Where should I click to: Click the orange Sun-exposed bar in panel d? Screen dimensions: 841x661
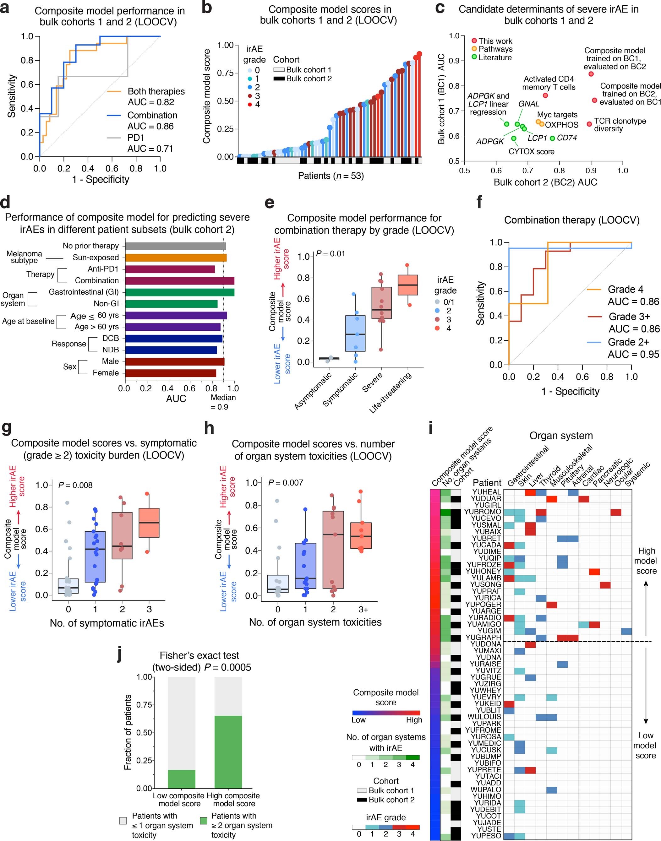176,258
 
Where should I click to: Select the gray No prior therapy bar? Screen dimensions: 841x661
175,246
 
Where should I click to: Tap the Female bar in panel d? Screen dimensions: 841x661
170,373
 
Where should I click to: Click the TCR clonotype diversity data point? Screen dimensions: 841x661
589,124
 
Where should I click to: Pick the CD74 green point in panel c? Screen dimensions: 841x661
553,138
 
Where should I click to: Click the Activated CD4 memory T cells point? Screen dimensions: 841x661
545,95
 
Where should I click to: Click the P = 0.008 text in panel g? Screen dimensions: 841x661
75,485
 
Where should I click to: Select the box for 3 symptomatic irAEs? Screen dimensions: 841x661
149,523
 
